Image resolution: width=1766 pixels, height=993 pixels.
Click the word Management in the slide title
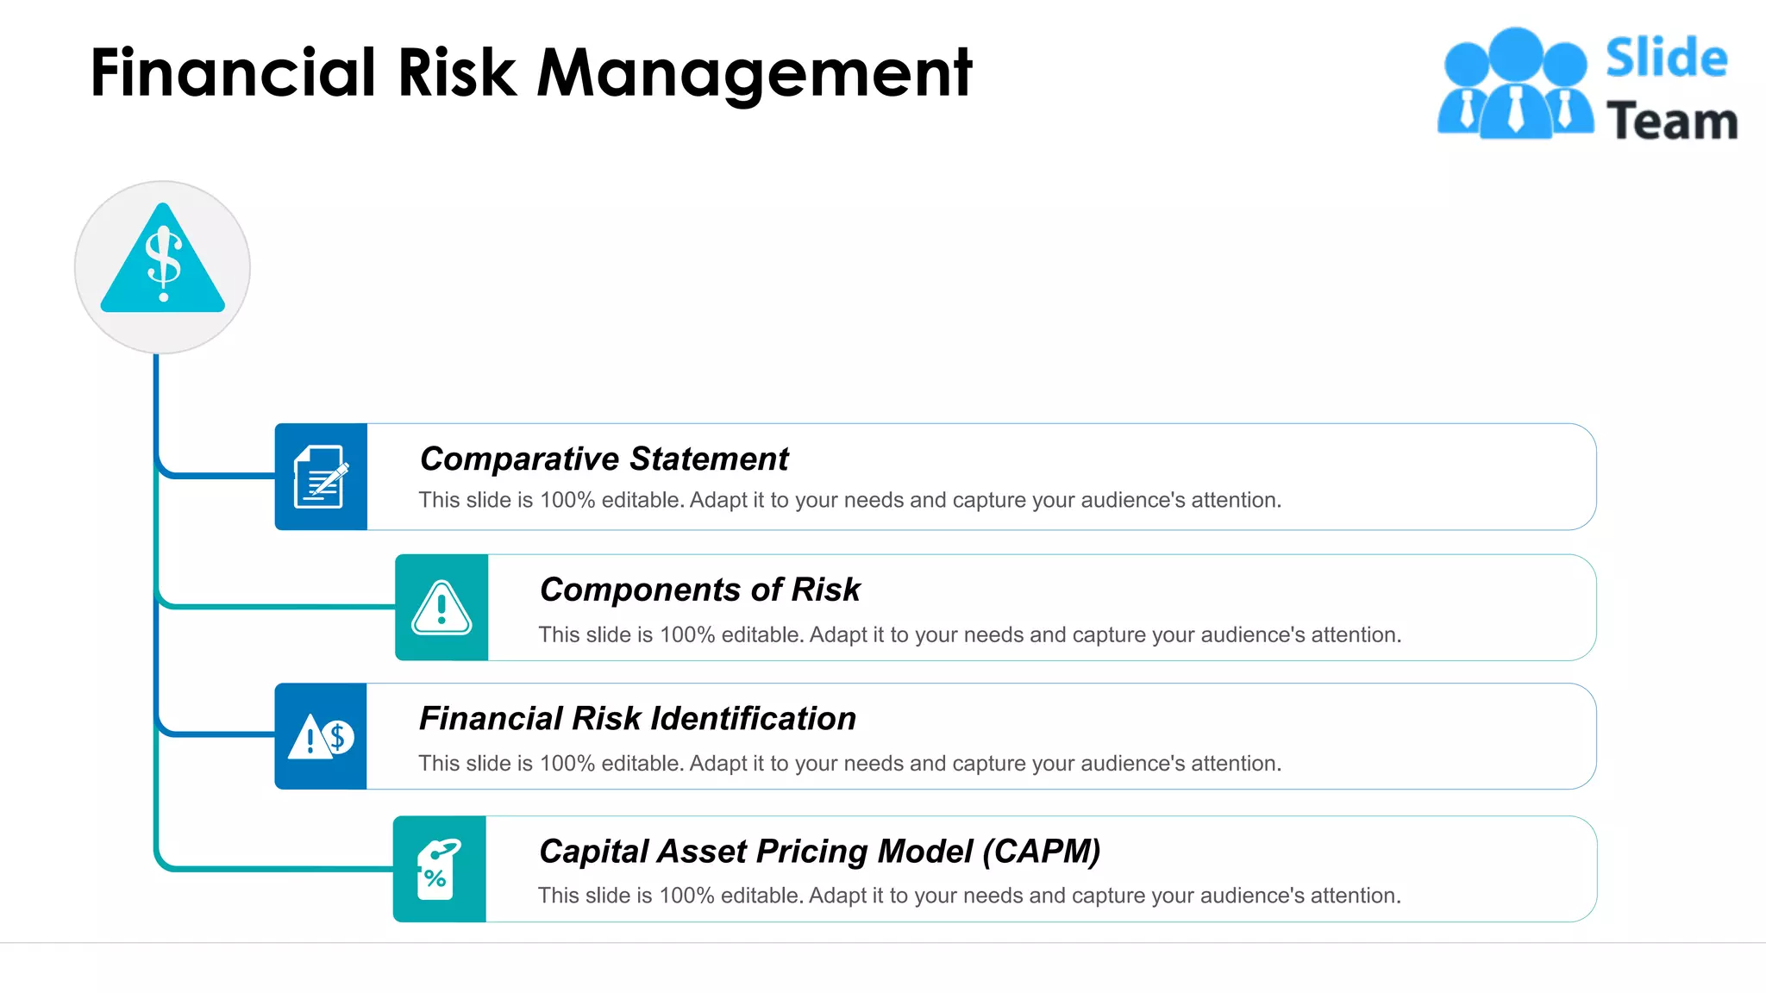point(755,72)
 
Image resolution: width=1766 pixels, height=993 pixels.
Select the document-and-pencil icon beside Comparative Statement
point(321,477)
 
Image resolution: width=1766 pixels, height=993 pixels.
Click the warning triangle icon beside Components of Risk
point(441,608)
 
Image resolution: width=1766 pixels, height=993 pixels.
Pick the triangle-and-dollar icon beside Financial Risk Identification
point(321,737)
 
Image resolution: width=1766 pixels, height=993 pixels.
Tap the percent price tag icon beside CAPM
point(439,869)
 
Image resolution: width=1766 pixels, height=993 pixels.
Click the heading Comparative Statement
point(604,459)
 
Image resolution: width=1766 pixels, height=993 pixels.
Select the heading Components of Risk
point(699,590)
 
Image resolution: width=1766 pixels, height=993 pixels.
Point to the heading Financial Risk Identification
point(637,719)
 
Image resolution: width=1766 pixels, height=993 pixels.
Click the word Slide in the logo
point(1666,59)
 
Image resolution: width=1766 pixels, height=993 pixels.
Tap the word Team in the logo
point(1671,121)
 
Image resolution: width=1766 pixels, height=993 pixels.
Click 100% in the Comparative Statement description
point(567,501)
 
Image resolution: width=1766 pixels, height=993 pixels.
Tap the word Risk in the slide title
point(456,72)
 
